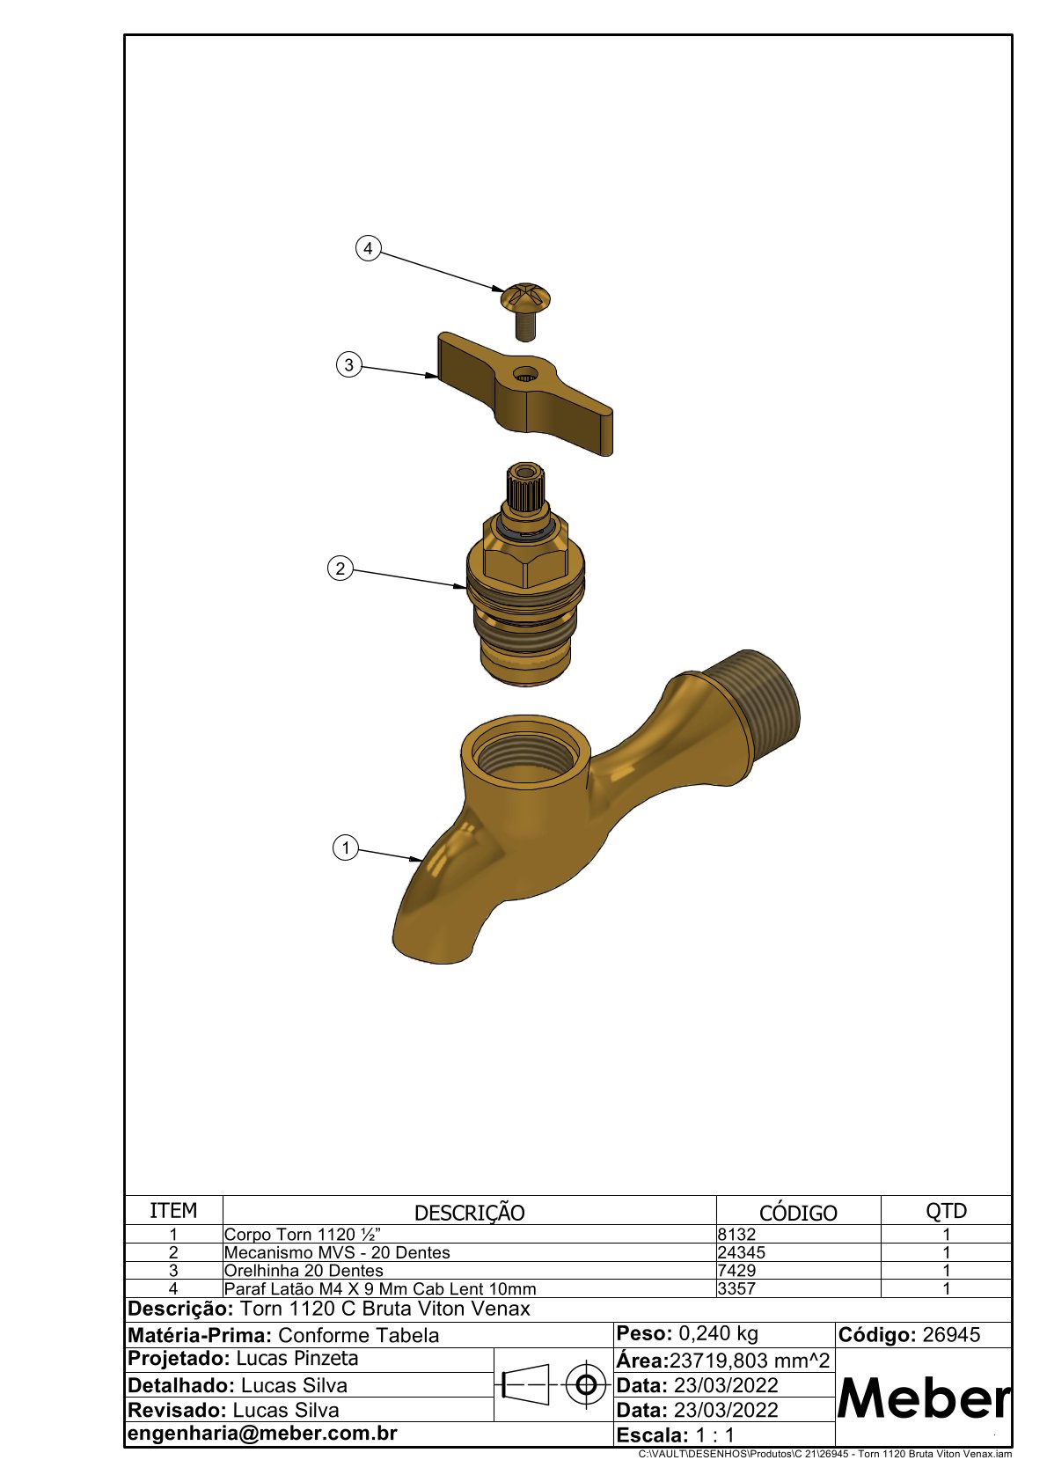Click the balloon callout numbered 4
click(369, 248)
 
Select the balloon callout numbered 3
click(349, 364)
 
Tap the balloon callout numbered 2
click(340, 569)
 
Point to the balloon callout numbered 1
click(345, 847)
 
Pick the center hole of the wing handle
click(527, 377)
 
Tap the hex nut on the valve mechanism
click(526, 558)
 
